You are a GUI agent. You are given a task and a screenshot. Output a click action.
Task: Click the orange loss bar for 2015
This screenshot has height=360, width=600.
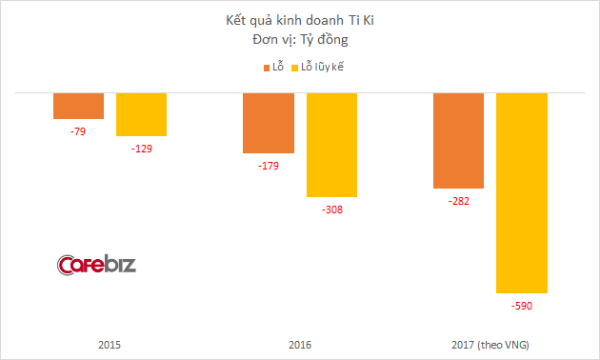point(78,106)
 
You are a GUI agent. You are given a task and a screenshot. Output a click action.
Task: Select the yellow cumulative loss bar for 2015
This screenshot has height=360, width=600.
point(141,114)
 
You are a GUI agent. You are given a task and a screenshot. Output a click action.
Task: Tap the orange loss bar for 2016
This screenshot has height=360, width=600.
point(269,123)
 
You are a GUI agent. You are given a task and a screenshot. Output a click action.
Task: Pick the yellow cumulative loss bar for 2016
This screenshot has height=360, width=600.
point(331,145)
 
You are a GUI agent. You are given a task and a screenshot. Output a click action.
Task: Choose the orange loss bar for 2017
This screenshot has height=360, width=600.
point(459,141)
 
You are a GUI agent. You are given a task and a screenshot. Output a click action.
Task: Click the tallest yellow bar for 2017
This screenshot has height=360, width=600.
point(522,192)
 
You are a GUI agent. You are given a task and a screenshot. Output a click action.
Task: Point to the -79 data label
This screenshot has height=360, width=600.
point(78,130)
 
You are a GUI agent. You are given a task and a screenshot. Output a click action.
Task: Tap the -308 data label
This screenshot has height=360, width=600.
point(331,209)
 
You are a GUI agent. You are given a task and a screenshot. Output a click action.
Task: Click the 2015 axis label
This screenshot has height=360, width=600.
point(110,344)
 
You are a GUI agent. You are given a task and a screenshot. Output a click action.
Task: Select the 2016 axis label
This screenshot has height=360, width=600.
point(300,344)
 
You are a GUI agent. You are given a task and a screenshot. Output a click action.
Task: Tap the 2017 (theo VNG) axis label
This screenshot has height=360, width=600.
point(490,344)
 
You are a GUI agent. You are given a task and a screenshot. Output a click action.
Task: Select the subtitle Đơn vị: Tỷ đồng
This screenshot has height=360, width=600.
point(299,41)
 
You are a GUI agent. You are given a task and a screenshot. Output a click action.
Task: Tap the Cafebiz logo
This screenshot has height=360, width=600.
point(96,264)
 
